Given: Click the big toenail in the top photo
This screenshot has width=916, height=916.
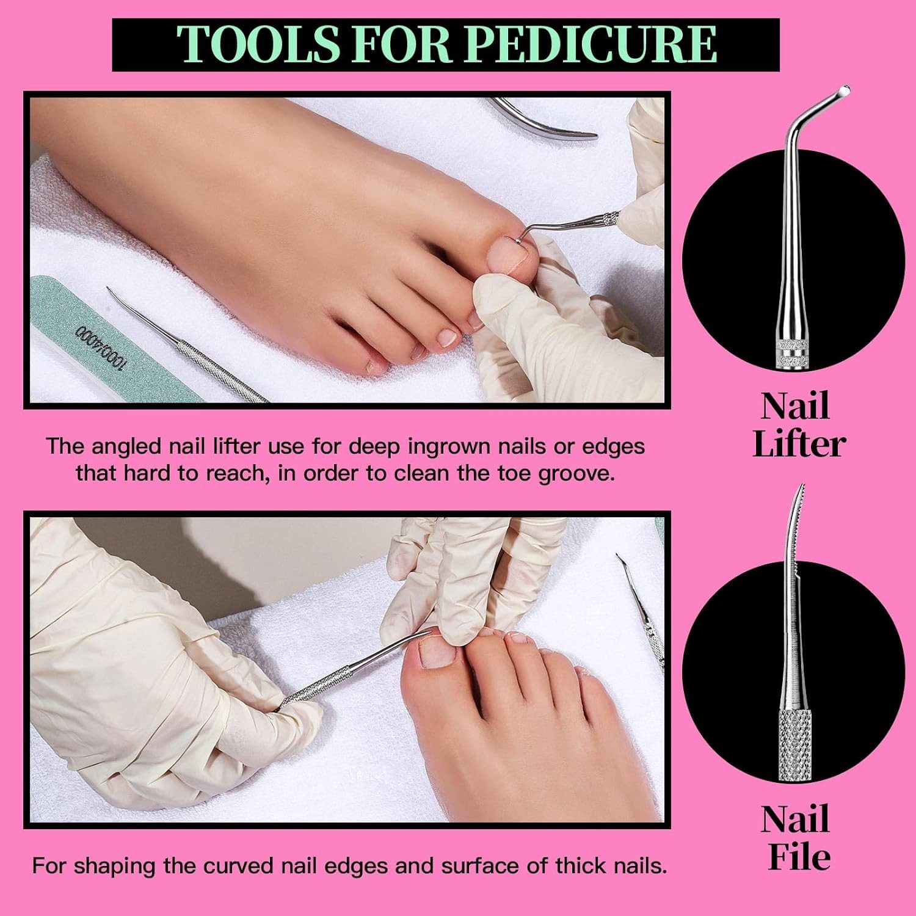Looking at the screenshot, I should pyautogui.click(x=512, y=252).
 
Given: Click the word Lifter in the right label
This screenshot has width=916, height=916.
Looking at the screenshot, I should pyautogui.click(x=799, y=445).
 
